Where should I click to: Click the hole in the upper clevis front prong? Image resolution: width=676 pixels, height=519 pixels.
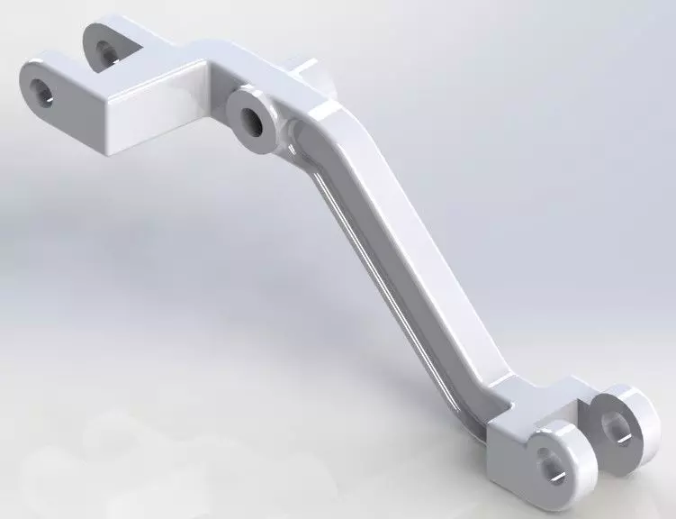click(41, 89)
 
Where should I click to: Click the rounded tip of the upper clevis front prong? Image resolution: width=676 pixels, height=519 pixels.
click(27, 77)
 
